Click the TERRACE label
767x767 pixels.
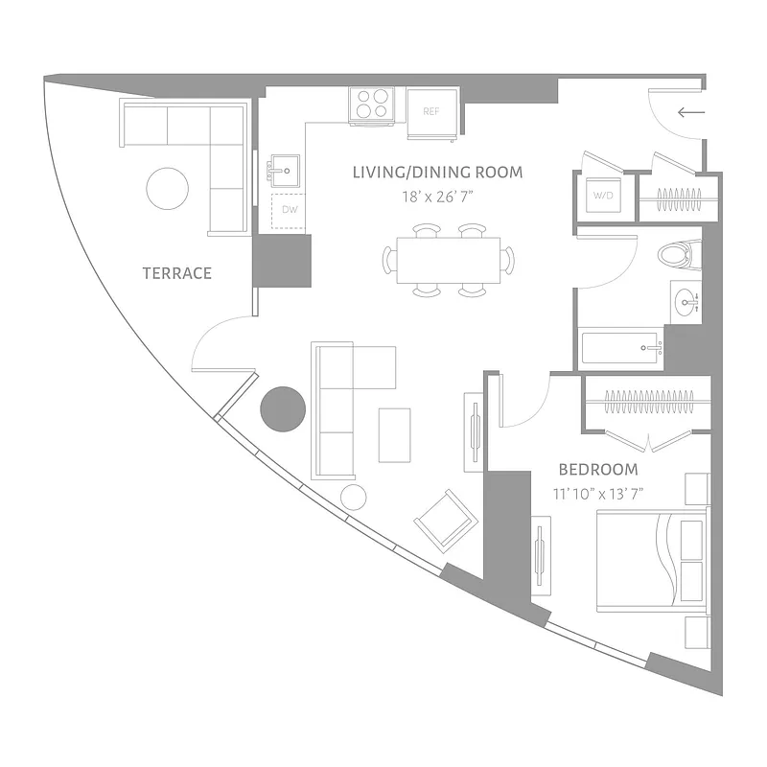tap(176, 273)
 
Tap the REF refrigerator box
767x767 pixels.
tap(431, 111)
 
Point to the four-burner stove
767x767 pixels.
tap(373, 105)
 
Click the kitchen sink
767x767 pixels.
tap(282, 173)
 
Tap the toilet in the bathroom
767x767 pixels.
tap(676, 254)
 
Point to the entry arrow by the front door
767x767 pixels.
tap(690, 113)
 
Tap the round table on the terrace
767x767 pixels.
tap(168, 188)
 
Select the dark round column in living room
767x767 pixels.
tap(283, 408)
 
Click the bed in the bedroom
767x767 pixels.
tap(652, 560)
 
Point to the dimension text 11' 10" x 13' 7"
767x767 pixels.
tap(598, 494)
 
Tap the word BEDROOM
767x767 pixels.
tap(598, 470)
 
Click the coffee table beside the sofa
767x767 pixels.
tap(394, 434)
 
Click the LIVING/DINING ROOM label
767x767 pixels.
tap(437, 173)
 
